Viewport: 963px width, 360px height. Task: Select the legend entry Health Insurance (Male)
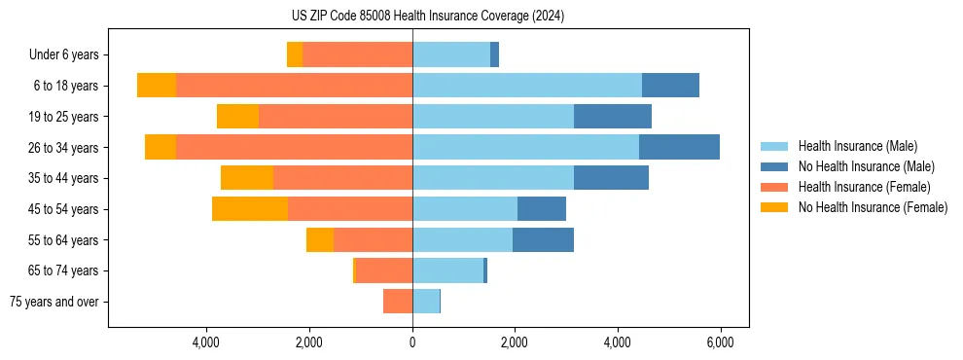pyautogui.click(x=856, y=146)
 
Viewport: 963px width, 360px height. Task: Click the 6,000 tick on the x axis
pyautogui.click(x=720, y=342)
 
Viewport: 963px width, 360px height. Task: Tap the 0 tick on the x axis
pyautogui.click(x=412, y=342)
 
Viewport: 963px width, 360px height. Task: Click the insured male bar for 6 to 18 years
pyautogui.click(x=526, y=86)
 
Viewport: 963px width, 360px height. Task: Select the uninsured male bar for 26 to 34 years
pyautogui.click(x=679, y=147)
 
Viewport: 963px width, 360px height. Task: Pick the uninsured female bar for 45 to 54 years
pyautogui.click(x=250, y=209)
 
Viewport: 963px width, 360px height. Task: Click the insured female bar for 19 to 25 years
pyautogui.click(x=336, y=117)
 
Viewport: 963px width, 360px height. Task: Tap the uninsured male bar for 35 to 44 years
pyautogui.click(x=611, y=178)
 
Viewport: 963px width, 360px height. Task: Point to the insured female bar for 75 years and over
pyautogui.click(x=398, y=302)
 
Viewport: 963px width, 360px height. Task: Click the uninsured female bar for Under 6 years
pyautogui.click(x=295, y=55)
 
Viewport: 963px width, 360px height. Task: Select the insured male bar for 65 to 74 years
pyautogui.click(x=447, y=270)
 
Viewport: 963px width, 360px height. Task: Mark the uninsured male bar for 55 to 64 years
pyautogui.click(x=543, y=240)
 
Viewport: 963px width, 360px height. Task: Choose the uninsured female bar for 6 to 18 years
pyautogui.click(x=157, y=86)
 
